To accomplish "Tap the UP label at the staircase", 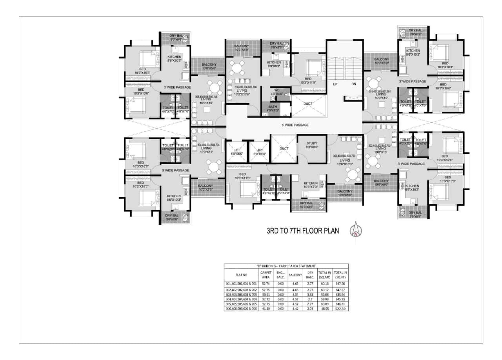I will pos(335,84).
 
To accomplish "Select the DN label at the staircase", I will pos(353,84).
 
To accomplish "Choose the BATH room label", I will pos(273,108).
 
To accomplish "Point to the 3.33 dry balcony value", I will pos(310,294).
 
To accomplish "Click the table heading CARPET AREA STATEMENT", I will pos(286,266).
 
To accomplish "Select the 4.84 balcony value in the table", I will pos(295,294).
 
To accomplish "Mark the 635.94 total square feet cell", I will pos(340,294).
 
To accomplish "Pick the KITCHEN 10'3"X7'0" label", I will pos(311,185).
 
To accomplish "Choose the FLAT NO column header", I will pos(241,275).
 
